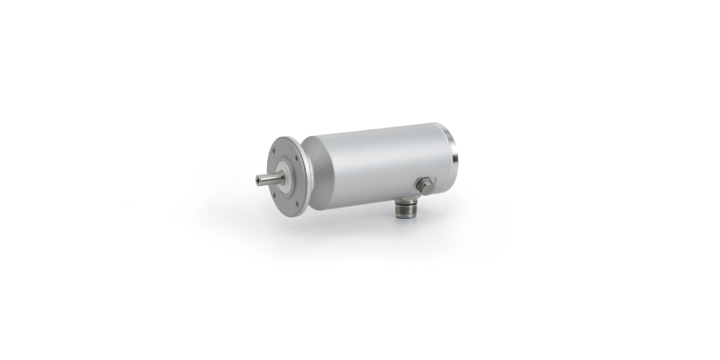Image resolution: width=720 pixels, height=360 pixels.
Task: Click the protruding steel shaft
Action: [270, 179]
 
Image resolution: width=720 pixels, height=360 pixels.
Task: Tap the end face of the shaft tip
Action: [258, 180]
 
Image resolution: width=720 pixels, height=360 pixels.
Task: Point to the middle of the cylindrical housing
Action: [379, 164]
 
